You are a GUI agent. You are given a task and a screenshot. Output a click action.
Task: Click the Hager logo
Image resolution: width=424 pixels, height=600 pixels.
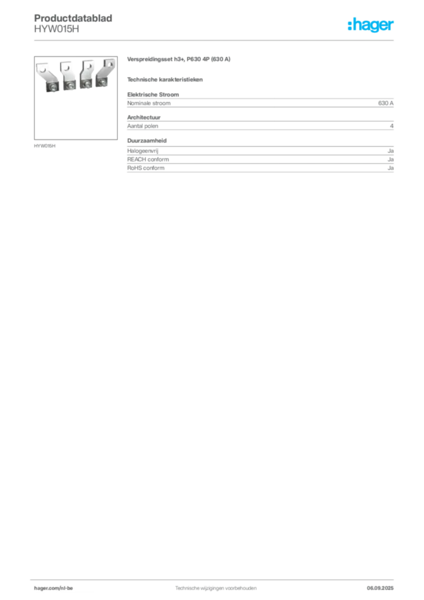click(x=371, y=25)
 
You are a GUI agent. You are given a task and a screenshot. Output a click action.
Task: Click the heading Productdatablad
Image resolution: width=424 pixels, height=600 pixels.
click(x=73, y=18)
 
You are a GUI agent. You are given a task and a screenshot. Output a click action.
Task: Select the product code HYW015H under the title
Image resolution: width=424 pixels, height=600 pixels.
click(x=57, y=29)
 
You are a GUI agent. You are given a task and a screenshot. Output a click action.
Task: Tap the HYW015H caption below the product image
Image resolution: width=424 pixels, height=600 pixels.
click(x=45, y=146)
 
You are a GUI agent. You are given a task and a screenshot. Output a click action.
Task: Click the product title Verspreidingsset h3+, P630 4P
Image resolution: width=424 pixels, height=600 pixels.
click(x=168, y=59)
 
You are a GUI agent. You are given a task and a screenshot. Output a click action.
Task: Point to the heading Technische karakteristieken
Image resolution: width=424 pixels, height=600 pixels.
click(x=165, y=80)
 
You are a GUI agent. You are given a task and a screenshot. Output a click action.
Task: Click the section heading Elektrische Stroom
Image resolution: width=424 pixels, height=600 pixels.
click(x=153, y=94)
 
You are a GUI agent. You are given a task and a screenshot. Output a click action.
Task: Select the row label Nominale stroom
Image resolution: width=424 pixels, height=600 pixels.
click(x=149, y=103)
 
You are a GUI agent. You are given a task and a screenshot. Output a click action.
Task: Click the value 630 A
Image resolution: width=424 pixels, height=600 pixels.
click(x=386, y=103)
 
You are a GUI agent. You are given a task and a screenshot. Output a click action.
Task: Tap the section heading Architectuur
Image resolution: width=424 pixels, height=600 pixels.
click(x=143, y=117)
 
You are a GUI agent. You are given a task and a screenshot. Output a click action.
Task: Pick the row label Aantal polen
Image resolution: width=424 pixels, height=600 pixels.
click(x=143, y=127)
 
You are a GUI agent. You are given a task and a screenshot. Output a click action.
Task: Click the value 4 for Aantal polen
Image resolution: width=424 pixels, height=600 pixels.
click(x=392, y=127)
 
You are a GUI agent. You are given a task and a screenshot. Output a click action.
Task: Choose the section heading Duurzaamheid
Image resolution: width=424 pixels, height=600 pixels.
click(x=147, y=141)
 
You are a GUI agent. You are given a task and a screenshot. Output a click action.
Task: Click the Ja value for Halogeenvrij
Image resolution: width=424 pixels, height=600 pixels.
click(x=391, y=151)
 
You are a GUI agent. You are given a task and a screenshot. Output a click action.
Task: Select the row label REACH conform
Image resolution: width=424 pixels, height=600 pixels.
click(x=148, y=159)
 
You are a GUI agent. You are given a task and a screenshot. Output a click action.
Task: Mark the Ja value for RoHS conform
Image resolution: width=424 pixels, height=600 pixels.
click(x=391, y=168)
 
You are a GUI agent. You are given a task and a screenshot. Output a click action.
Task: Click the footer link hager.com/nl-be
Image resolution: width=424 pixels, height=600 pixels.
click(x=53, y=588)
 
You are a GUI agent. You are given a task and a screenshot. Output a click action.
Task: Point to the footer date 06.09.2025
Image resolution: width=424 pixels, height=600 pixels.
click(x=380, y=588)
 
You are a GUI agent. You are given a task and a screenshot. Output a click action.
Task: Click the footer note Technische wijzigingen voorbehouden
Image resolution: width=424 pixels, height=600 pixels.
click(x=216, y=588)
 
